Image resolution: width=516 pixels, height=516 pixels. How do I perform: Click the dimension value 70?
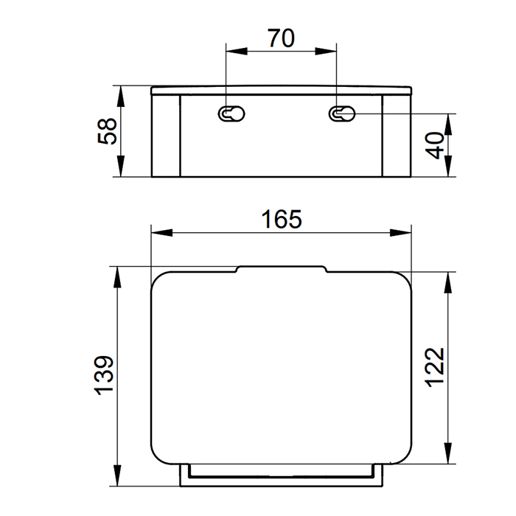tap(281, 38)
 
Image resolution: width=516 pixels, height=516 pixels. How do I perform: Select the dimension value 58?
tap(108, 131)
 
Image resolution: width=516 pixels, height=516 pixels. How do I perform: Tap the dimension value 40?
tap(434, 145)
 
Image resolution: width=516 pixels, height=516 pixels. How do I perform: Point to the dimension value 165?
tap(282, 219)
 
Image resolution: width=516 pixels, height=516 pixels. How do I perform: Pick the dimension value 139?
tap(105, 375)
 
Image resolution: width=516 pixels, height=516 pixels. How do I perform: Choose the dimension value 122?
tap(435, 367)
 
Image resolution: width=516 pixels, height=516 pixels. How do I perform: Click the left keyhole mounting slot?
tap(231, 114)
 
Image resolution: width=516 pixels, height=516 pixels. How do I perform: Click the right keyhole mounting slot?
tap(342, 114)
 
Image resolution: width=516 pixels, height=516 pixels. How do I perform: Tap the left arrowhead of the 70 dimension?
tap(237, 51)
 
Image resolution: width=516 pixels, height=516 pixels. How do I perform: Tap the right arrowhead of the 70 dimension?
tap(326, 51)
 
